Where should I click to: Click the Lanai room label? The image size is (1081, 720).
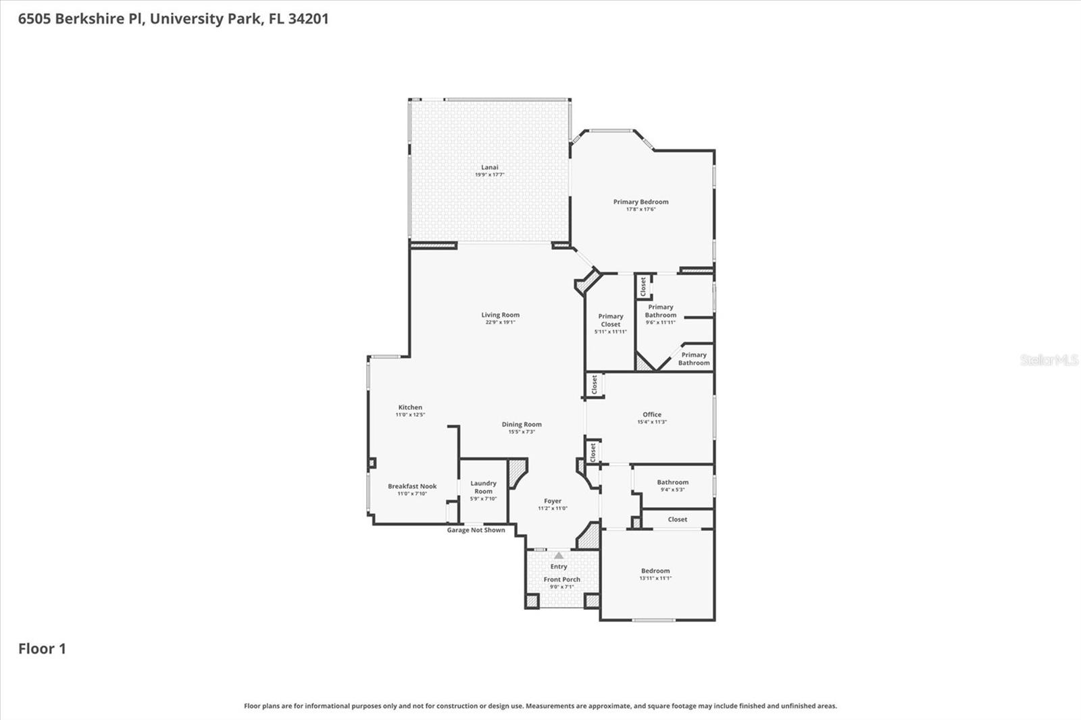tap(489, 168)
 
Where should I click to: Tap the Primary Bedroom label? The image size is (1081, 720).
tap(640, 202)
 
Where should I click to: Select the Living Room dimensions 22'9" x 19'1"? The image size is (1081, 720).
tap(500, 323)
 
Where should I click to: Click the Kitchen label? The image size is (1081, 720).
tap(410, 407)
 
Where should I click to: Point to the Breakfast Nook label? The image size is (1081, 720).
tap(412, 486)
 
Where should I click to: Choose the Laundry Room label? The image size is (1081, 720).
tap(483, 487)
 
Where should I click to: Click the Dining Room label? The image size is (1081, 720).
tap(522, 425)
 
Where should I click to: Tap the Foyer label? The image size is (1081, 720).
tap(553, 501)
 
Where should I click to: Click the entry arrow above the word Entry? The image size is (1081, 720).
tap(559, 555)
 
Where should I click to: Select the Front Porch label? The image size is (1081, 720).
tap(561, 580)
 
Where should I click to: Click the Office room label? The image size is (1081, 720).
tap(652, 415)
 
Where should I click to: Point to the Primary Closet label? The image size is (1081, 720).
tap(611, 320)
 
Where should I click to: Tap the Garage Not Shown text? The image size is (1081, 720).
tap(476, 530)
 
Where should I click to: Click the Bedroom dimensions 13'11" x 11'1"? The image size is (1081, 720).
tap(655, 578)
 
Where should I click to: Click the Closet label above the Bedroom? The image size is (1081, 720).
tap(677, 519)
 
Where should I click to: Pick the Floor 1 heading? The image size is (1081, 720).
tap(42, 649)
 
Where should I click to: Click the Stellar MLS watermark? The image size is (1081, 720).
tap(1049, 360)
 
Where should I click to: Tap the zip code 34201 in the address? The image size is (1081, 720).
tap(308, 18)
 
